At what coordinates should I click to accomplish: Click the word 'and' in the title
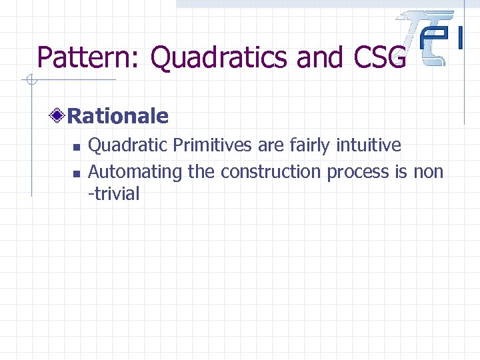[x=318, y=58]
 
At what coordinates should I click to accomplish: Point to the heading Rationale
[x=118, y=117]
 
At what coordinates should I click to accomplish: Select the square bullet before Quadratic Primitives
[x=76, y=147]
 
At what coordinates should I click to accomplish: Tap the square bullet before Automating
[x=76, y=173]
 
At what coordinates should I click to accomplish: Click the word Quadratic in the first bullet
[x=122, y=145]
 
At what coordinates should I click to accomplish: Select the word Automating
[x=135, y=172]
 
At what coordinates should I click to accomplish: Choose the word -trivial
[x=114, y=195]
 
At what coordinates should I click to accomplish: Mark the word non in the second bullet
[x=428, y=172]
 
